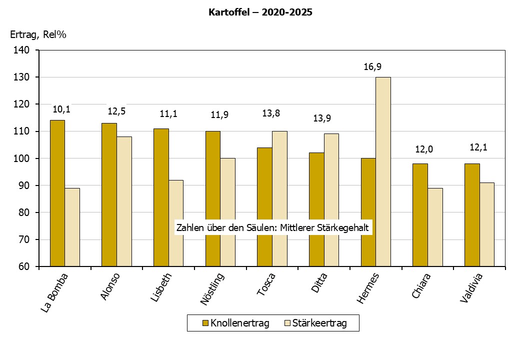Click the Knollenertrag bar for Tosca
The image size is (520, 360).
click(265, 207)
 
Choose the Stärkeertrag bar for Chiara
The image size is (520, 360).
click(435, 227)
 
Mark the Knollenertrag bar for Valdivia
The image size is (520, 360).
click(472, 215)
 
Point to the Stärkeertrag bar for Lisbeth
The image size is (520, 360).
click(176, 223)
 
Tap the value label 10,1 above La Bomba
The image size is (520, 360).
click(61, 109)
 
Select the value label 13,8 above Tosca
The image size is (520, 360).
click(271, 113)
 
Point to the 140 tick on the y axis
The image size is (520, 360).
click(24, 50)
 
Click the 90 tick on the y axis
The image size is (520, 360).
click(26, 185)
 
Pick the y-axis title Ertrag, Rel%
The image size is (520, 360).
click(38, 34)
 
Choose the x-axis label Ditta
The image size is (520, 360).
click(318, 284)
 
